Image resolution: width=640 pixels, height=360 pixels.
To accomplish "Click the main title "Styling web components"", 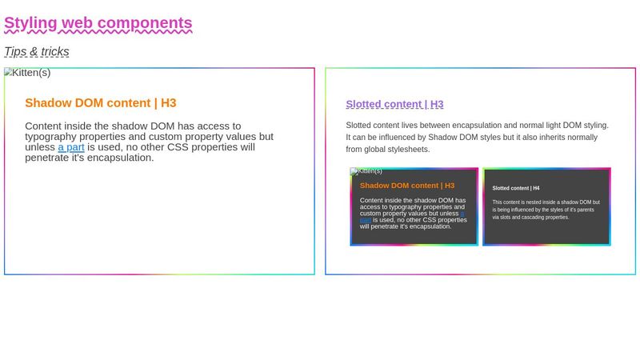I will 98,23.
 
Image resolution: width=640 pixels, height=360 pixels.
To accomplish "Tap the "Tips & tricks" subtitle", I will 37,52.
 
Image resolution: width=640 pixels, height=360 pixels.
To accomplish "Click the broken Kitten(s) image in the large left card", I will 27,73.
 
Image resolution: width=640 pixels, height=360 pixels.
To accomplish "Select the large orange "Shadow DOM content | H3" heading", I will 101,103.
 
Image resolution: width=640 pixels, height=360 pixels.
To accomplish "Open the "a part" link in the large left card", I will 70,147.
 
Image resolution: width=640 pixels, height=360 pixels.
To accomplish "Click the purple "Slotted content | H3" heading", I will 394,105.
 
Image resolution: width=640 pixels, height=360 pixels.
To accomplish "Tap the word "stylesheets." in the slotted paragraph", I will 407,150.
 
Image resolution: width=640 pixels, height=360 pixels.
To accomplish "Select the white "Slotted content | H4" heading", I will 516,188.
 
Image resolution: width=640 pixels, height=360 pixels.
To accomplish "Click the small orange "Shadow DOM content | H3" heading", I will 407,186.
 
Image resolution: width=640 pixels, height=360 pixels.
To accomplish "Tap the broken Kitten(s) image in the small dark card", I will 366,171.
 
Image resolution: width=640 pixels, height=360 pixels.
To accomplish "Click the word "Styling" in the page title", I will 30,23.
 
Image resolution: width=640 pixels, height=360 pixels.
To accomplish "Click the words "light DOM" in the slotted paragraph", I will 550,126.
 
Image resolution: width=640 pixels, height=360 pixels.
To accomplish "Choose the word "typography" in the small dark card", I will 402,207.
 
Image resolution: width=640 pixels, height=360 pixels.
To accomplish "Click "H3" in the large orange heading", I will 168,103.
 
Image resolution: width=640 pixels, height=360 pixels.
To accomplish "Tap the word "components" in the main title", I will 146,23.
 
